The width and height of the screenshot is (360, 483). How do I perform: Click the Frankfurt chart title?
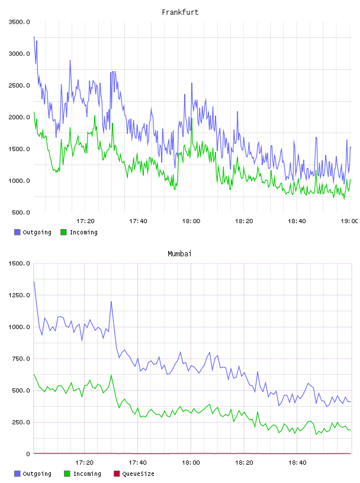(180, 12)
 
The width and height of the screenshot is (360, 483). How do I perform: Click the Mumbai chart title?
(179, 254)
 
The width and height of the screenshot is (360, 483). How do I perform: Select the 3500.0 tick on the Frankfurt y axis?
(19, 22)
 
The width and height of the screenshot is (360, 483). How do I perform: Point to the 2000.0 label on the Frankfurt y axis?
(19, 117)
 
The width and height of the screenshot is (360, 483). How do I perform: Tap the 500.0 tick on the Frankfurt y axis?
(21, 212)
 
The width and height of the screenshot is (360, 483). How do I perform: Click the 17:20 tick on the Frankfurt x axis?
(85, 221)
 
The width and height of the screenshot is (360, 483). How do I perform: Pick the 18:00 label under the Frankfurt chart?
(191, 221)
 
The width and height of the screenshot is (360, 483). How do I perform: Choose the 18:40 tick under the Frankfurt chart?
(297, 221)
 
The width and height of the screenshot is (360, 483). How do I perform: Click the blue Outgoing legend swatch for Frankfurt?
(17, 232)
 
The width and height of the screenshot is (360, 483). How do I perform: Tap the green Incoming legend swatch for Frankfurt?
(63, 232)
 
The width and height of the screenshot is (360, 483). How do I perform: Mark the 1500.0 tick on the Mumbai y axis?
(19, 263)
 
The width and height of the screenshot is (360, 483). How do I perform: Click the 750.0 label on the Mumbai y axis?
(21, 359)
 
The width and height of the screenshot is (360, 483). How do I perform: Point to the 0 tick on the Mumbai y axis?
(28, 454)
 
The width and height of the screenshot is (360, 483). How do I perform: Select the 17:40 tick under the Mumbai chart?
(137, 463)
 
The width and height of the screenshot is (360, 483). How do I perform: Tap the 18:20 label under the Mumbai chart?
(244, 463)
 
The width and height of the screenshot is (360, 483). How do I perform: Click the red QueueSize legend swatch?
(117, 474)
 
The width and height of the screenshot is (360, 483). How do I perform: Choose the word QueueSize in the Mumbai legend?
(139, 474)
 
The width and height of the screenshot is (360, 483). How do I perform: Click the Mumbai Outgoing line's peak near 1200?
(111, 301)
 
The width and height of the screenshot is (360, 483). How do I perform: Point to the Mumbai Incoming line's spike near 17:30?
(111, 375)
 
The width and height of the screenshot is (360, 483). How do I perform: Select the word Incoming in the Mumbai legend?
(87, 474)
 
